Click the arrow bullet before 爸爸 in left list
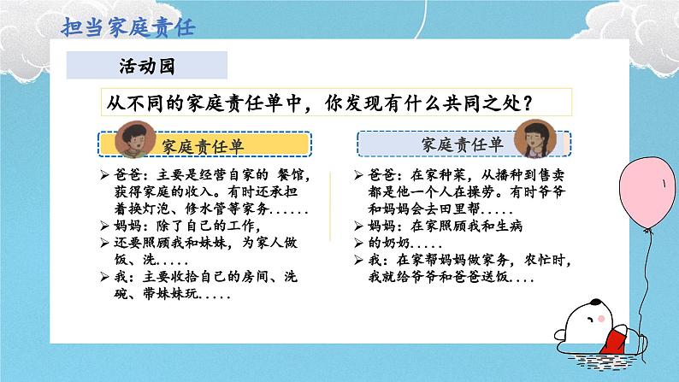[103, 174]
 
